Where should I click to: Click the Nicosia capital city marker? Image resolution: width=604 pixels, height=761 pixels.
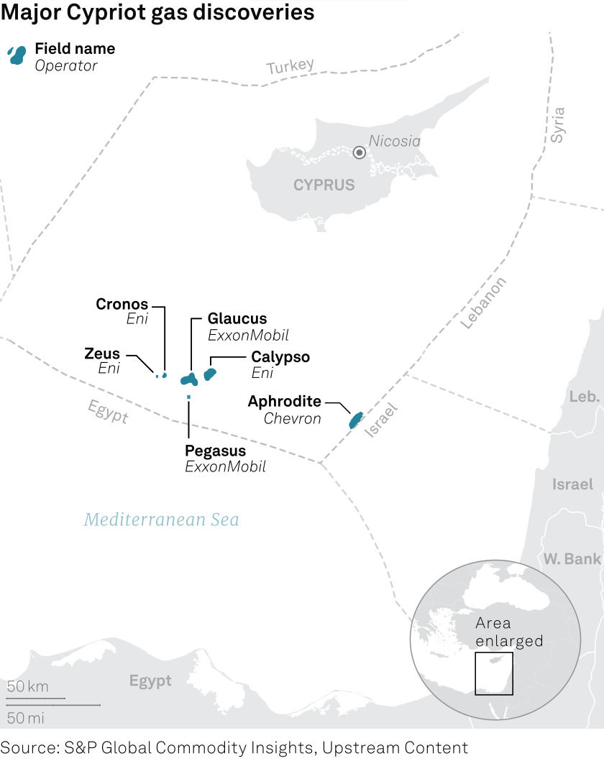tap(359, 152)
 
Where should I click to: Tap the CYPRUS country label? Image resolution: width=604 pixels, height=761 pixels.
tap(324, 185)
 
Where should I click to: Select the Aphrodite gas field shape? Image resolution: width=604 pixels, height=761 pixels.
tap(355, 420)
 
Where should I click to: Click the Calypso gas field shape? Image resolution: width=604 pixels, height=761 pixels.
tap(210, 374)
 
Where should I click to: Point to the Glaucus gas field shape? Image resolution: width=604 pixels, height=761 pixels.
tap(189, 379)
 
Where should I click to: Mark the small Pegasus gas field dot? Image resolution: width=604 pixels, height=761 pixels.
tap(188, 397)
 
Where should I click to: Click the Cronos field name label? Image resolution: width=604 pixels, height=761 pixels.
tap(122, 304)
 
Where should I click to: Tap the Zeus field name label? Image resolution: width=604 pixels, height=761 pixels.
tap(102, 354)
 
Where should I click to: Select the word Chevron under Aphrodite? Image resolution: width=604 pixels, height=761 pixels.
tap(292, 418)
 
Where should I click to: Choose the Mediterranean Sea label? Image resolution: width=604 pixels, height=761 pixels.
tap(161, 520)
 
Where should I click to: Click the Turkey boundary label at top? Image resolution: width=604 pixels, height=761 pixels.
tap(290, 67)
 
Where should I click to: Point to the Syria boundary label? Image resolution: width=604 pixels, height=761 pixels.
tap(559, 124)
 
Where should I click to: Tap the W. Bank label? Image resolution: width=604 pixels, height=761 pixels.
tap(572, 558)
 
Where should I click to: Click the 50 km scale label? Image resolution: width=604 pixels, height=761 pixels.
tap(28, 686)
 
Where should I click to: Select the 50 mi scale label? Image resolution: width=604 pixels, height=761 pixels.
tap(26, 717)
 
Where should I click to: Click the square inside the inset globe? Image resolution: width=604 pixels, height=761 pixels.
tap(493, 673)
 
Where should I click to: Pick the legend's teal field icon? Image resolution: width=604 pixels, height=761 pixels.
tap(16, 55)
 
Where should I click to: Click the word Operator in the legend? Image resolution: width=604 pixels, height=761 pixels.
tap(66, 65)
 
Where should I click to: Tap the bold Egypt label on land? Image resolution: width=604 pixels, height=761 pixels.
tap(150, 681)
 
